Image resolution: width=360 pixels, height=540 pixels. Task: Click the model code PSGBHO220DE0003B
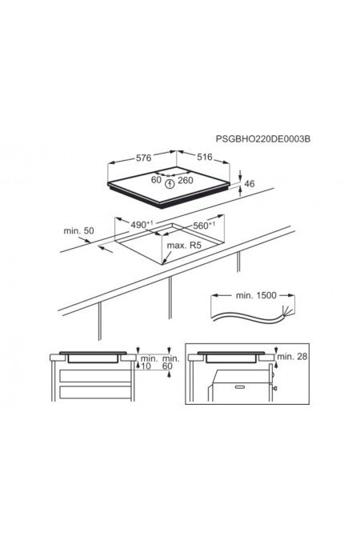263,138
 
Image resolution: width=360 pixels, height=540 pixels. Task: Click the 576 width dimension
144,158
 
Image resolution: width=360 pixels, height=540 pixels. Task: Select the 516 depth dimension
205,157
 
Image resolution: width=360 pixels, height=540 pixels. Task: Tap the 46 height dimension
249,183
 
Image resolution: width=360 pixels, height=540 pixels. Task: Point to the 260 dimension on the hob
186,180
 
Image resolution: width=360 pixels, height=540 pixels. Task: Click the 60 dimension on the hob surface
157,179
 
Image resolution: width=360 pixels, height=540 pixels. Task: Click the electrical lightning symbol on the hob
170,184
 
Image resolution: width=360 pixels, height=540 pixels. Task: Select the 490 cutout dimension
142,225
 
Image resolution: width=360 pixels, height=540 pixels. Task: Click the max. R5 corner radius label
183,246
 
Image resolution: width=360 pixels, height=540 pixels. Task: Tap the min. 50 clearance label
78,230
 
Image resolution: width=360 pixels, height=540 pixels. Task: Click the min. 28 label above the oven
292,357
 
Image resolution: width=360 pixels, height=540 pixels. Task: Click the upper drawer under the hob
95,376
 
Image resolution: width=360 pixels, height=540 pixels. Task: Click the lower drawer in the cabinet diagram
95,392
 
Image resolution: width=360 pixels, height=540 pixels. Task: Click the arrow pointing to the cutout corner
168,258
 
